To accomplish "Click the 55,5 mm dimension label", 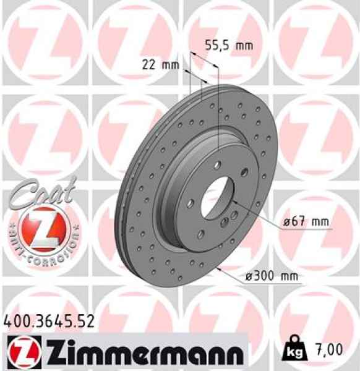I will tap(229, 45).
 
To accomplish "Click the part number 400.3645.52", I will tap(49, 321).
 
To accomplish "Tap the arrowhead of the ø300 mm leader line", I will tap(218, 270).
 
